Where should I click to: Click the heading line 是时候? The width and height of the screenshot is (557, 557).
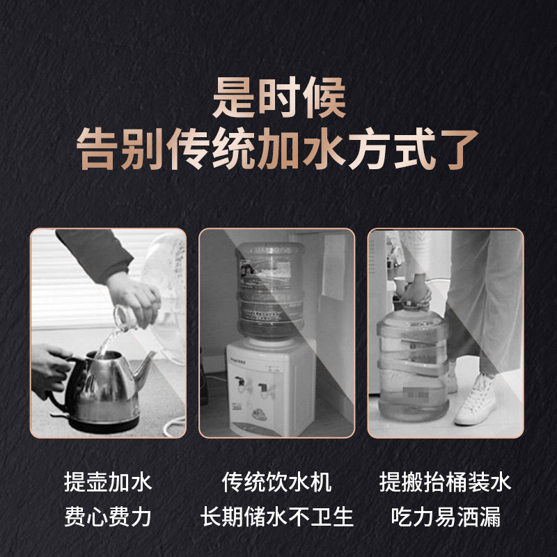278,100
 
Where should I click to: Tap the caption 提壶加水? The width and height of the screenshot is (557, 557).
108,482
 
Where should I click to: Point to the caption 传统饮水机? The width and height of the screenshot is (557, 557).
277,482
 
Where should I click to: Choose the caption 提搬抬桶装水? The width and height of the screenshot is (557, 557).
446,482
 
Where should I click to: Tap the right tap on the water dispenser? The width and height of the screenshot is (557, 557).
265,385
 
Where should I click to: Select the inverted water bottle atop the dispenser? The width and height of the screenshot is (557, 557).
270,289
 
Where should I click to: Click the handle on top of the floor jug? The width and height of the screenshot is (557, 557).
411,292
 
